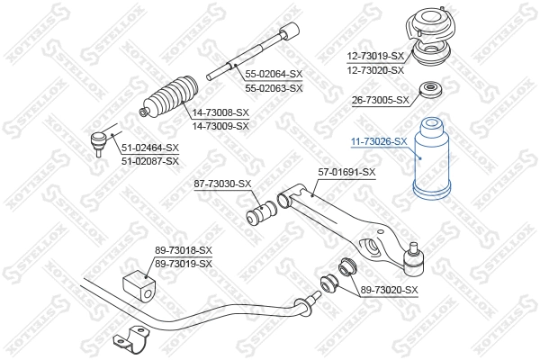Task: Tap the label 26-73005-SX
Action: pos(378,100)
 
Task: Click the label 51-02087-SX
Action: pos(150,159)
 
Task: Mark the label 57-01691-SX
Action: pos(346,172)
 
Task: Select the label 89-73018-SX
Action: pos(183,250)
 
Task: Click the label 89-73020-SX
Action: pos(390,289)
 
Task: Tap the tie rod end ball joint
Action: pos(99,140)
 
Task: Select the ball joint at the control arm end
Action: pos(414,262)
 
